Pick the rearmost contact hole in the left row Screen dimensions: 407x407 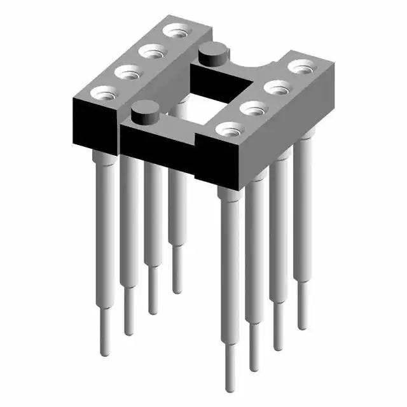174,30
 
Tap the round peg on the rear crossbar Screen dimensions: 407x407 213,54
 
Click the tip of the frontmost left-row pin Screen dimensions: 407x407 105,350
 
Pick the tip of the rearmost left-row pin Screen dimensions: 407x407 177,289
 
